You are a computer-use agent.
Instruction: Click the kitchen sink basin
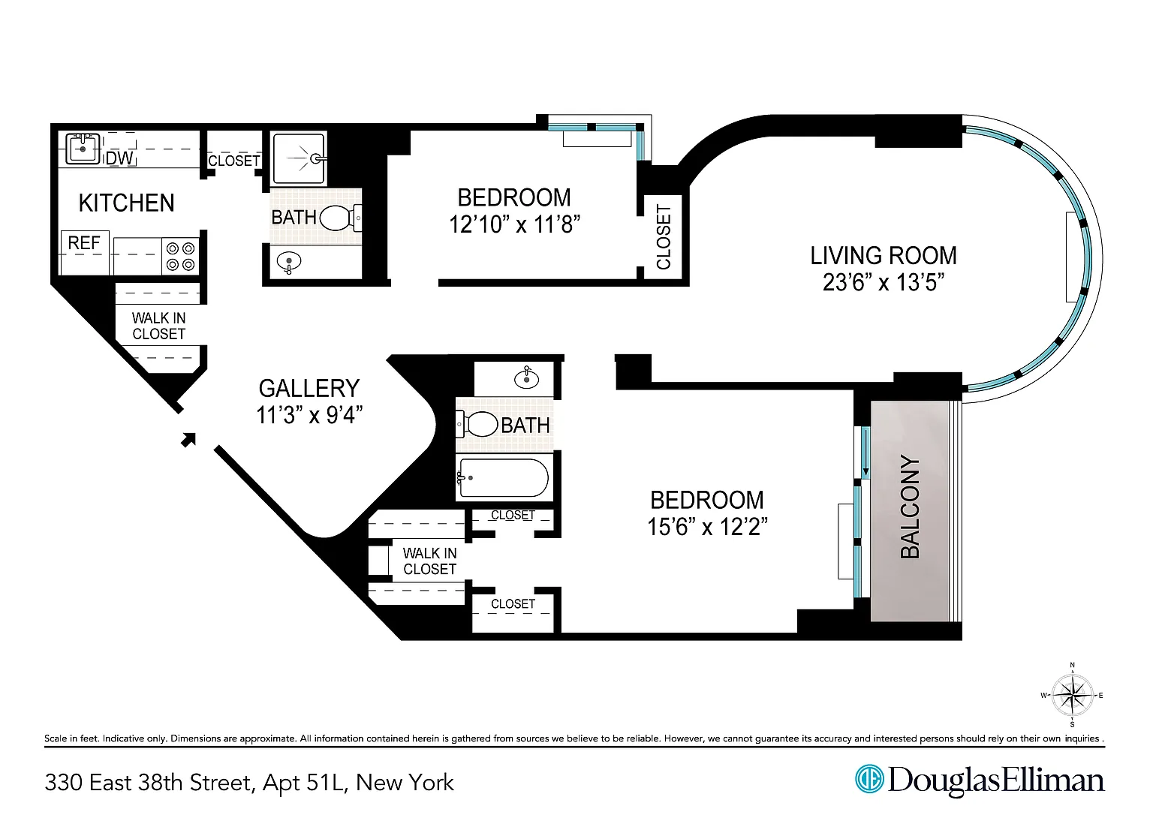(x=83, y=148)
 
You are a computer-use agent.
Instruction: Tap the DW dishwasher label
(x=119, y=158)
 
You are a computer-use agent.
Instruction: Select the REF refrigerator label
(x=84, y=243)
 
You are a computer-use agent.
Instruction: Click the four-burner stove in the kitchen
(x=180, y=256)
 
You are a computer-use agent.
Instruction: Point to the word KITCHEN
(x=127, y=203)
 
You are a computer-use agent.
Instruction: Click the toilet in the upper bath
(x=341, y=218)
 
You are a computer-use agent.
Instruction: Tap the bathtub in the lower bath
(x=504, y=477)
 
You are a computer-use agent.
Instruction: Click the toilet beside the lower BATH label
(x=477, y=425)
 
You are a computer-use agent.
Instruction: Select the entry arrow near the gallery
(x=188, y=440)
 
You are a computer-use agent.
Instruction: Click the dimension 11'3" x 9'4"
(x=310, y=415)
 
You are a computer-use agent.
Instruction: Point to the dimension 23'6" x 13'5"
(x=884, y=282)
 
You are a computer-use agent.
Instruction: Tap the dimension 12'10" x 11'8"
(x=515, y=224)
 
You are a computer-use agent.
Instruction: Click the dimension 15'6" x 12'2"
(x=707, y=526)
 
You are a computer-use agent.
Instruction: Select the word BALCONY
(x=910, y=507)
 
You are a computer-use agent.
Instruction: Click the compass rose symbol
(x=1072, y=695)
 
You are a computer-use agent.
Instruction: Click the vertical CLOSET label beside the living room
(x=664, y=237)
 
